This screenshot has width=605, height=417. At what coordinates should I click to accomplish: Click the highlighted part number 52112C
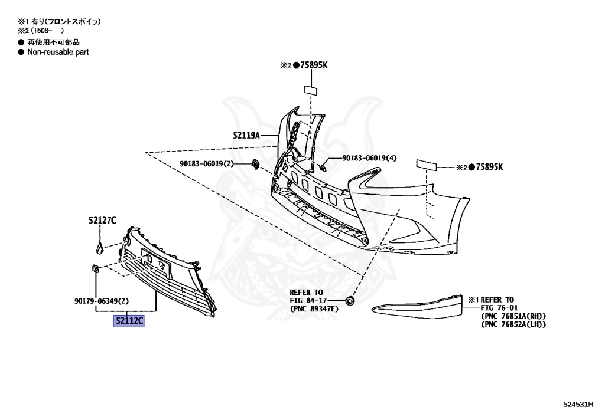pos(129,321)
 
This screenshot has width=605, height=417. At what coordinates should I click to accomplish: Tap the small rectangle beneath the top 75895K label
pos(311,90)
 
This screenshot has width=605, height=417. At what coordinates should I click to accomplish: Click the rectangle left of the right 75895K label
pos(427,164)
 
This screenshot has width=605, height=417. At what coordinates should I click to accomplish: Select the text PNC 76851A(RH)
pos(513,316)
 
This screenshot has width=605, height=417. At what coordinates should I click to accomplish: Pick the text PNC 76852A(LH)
pos(513,325)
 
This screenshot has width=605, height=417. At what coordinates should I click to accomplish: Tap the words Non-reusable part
pos(58,52)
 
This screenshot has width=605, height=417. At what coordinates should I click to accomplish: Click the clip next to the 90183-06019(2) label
pos(255,163)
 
